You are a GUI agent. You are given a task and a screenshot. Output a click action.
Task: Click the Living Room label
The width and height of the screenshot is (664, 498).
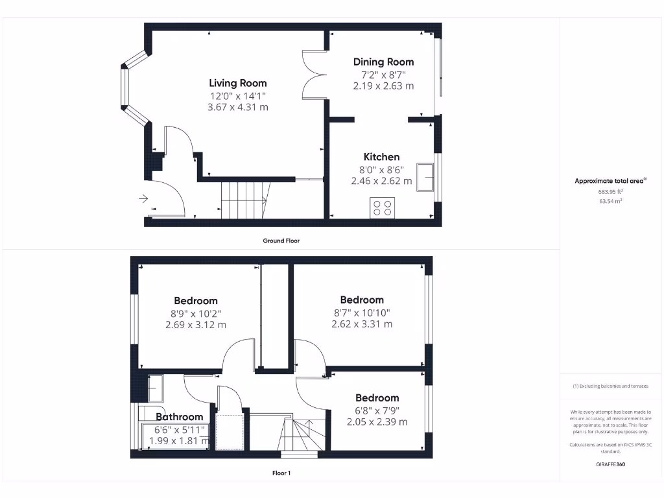pyautogui.click(x=237, y=83)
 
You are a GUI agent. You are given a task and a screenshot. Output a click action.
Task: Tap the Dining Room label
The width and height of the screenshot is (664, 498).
pyautogui.click(x=383, y=62)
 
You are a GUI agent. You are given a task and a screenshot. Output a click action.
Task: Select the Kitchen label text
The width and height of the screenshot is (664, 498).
pyautogui.click(x=381, y=157)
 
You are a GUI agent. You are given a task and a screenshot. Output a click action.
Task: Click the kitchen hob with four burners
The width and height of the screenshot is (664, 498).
pyautogui.click(x=381, y=207)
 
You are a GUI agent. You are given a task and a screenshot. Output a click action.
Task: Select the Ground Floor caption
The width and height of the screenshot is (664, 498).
pyautogui.click(x=281, y=241)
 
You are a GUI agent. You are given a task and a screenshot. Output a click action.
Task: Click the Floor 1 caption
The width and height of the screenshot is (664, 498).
pyautogui.click(x=281, y=473)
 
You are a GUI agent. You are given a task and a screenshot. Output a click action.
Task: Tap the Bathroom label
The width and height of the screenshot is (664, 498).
pyautogui.click(x=179, y=417)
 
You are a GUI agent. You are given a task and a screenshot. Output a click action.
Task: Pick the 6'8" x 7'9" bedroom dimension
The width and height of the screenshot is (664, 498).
pyautogui.click(x=377, y=410)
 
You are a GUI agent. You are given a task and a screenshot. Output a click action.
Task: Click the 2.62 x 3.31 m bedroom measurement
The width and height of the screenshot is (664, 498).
pyautogui.click(x=362, y=324)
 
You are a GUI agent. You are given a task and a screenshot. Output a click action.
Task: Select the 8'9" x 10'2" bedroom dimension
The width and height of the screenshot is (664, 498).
pyautogui.click(x=195, y=313)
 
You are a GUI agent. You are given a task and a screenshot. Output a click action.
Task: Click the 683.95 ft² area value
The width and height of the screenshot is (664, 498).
pyautogui.click(x=610, y=192)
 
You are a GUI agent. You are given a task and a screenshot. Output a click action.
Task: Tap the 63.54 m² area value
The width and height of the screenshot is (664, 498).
pyautogui.click(x=610, y=202)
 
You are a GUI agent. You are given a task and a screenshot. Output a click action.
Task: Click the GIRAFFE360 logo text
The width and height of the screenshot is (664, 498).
pyautogui.click(x=610, y=464)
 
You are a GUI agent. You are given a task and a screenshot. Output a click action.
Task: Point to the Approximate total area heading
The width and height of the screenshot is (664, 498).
pyautogui.click(x=610, y=182)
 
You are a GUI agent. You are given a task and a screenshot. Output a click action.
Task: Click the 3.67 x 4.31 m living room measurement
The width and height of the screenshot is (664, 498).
pyautogui.click(x=237, y=107)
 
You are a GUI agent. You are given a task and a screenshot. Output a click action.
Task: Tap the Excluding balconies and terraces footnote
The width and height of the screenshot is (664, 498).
pyautogui.click(x=610, y=386)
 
